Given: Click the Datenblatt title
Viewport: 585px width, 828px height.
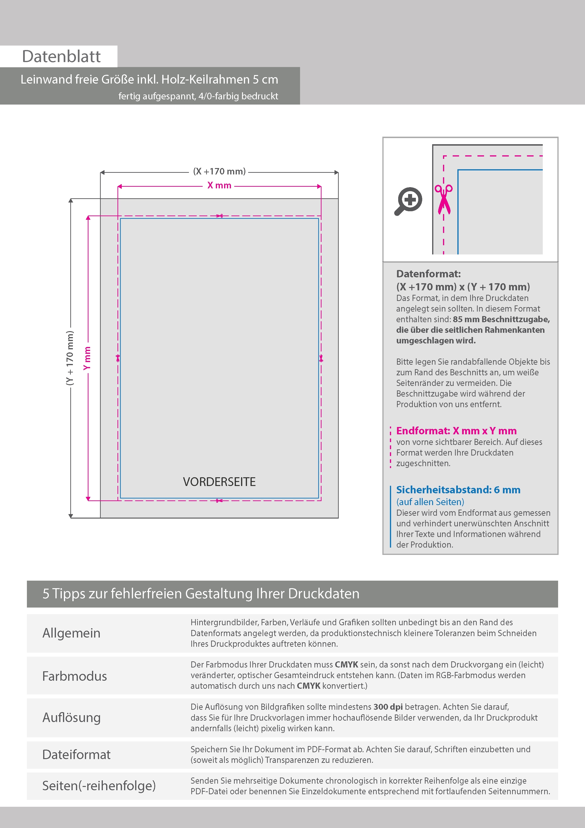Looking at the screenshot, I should [x=61, y=56].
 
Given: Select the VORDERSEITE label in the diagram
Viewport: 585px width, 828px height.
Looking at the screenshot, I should [x=219, y=482].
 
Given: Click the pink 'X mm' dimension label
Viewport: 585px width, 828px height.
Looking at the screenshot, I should [x=219, y=185].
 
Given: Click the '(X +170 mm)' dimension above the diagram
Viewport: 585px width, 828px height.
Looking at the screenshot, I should [x=219, y=171].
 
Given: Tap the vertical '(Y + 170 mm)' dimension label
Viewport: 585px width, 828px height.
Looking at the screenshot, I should [x=70, y=358].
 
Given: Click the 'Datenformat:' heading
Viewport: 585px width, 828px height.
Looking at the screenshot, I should [x=428, y=274].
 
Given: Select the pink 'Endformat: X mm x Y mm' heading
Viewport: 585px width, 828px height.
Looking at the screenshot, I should [x=456, y=431].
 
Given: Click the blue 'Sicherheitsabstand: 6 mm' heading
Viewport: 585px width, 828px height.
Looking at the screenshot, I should [x=458, y=490].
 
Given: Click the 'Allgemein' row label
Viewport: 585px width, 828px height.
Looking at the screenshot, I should [x=71, y=633].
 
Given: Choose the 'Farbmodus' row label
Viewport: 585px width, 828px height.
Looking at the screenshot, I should [x=75, y=676].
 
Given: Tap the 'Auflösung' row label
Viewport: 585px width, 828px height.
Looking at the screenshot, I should [x=71, y=718].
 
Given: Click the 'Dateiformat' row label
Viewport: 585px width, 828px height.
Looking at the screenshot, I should [x=76, y=755].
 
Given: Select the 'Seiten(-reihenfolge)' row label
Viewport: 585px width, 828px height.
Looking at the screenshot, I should [x=99, y=786].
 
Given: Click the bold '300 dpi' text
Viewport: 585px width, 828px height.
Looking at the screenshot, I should [x=388, y=707].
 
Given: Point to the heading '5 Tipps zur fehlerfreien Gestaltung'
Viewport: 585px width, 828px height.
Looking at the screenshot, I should [x=201, y=594].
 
